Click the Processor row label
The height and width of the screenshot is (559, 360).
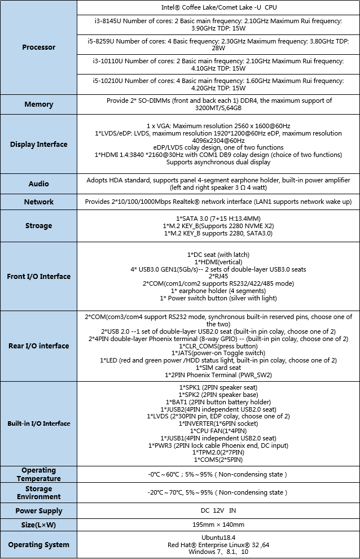pos(38,47)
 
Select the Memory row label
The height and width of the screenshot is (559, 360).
pos(38,104)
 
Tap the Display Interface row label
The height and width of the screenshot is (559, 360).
pos(38,145)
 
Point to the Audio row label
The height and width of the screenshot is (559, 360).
pos(38,184)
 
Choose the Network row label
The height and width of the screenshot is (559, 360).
pos(38,202)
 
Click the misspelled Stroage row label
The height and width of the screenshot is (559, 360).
pos(38,226)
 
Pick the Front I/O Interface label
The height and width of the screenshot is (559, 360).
pos(38,277)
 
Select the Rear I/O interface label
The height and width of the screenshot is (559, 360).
pos(38,346)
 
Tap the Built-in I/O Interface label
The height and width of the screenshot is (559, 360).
pos(38,423)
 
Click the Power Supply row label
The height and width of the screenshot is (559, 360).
pos(38,510)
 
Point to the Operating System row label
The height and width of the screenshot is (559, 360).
pos(38,545)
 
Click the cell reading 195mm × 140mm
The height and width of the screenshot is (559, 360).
pos(218,525)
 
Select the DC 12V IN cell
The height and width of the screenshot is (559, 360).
pos(218,510)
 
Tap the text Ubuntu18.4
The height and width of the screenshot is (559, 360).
pos(218,537)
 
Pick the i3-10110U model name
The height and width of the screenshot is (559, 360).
pos(107,60)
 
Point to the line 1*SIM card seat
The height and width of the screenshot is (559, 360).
pos(218,367)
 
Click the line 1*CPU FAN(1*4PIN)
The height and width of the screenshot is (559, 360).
pos(218,431)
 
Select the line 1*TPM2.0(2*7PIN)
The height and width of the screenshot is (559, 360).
pos(218,452)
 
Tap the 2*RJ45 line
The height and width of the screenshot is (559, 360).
pos(218,277)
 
